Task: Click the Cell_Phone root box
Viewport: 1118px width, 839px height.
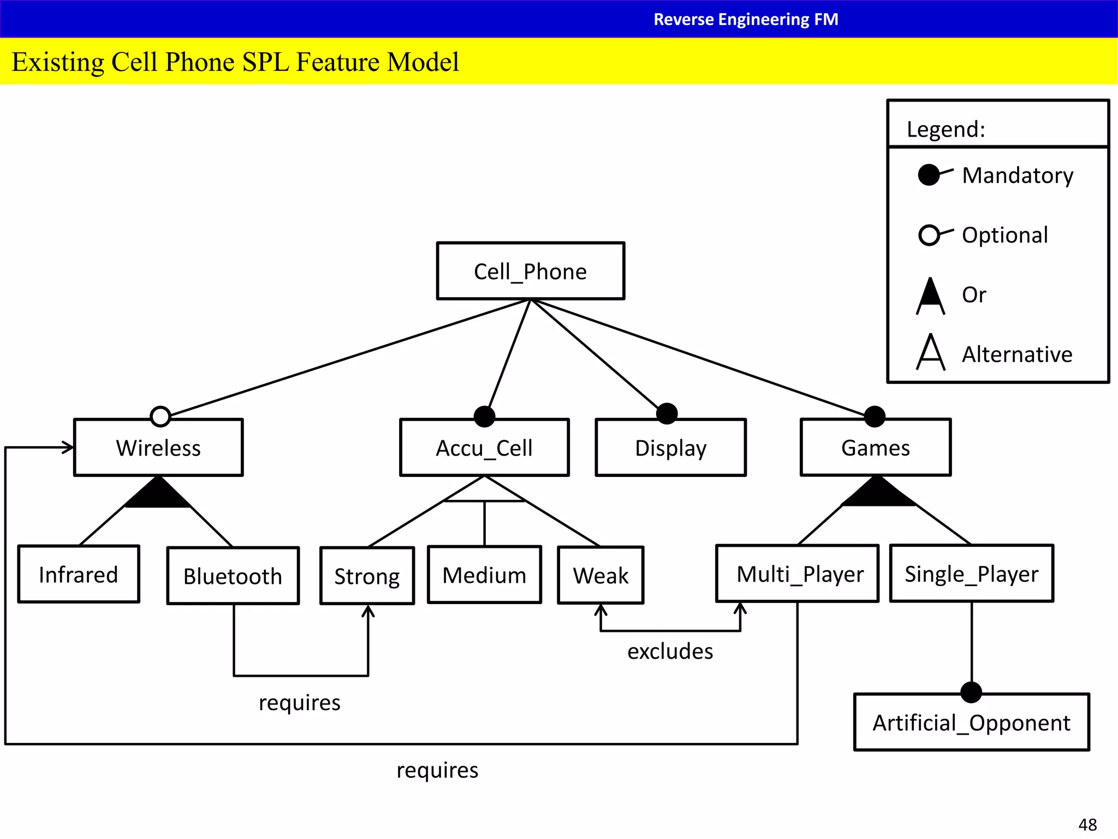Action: pyautogui.click(x=530, y=271)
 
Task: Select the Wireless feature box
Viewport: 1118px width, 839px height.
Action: pyautogui.click(x=158, y=448)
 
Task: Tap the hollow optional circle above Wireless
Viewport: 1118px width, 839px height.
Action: pyautogui.click(x=160, y=416)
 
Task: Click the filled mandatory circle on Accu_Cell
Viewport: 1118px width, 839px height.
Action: pyautogui.click(x=484, y=416)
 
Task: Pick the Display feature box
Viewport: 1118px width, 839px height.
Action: pyautogui.click(x=670, y=448)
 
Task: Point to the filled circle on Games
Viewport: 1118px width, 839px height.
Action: pyautogui.click(x=875, y=416)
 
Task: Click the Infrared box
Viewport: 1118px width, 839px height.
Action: pyautogui.click(x=79, y=574)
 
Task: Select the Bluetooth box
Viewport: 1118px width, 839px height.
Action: pyautogui.click(x=233, y=576)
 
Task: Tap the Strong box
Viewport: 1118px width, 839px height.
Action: pyautogui.click(x=367, y=576)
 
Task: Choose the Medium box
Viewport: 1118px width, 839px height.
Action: pyautogui.click(x=484, y=575)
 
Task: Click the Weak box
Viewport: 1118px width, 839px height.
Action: pyautogui.click(x=600, y=575)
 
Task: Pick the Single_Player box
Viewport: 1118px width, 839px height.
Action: pyautogui.click(x=971, y=574)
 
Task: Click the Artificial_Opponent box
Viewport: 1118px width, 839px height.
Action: pyautogui.click(x=971, y=723)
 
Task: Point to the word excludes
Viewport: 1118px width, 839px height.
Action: pyautogui.click(x=670, y=651)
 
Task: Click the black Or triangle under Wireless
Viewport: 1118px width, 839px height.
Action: pyautogui.click(x=158, y=495)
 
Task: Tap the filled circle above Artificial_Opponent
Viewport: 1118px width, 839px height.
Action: pyautogui.click(x=971, y=692)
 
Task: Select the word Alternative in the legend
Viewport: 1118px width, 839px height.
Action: pyautogui.click(x=1016, y=354)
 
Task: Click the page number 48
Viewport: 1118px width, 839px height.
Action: pyautogui.click(x=1087, y=824)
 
